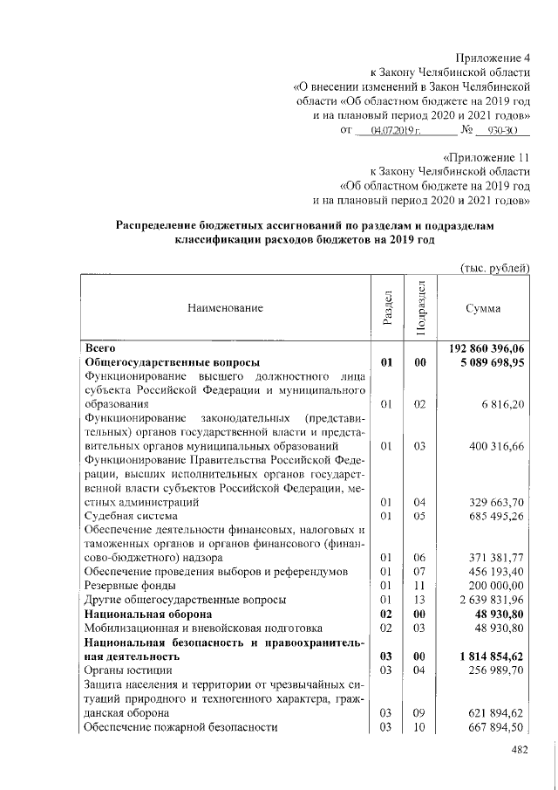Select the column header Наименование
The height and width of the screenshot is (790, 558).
(x=223, y=307)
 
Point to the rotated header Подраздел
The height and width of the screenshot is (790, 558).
(x=420, y=307)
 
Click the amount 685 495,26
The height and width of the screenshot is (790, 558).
(x=497, y=516)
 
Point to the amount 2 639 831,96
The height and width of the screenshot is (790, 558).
(x=493, y=600)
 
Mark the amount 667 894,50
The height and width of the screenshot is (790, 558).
(x=497, y=726)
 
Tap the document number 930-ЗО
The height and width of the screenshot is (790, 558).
(x=502, y=131)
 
